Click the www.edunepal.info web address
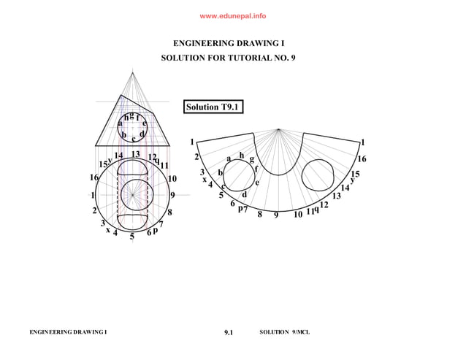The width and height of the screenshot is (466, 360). [232, 15]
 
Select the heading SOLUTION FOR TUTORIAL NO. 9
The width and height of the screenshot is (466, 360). [232, 57]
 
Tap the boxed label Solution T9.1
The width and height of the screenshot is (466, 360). [213, 107]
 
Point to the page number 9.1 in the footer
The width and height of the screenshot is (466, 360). [228, 333]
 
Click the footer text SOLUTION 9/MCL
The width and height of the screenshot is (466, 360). [285, 333]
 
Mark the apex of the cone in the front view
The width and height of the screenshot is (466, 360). [132, 72]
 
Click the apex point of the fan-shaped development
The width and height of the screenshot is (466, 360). [278, 130]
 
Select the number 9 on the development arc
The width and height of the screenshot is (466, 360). [276, 215]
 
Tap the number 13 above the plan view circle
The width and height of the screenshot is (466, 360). [135, 154]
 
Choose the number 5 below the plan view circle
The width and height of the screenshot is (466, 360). [132, 237]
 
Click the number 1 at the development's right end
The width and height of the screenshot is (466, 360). [363, 142]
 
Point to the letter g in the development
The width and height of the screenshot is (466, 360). [252, 159]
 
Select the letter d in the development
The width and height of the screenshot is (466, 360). [244, 194]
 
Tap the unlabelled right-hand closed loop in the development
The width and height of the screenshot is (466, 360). [322, 175]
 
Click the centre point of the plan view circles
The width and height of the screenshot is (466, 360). [132, 195]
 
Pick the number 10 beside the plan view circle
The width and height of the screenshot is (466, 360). [172, 178]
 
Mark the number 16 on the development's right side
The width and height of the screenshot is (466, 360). [361, 158]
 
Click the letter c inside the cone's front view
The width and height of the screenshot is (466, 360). [133, 139]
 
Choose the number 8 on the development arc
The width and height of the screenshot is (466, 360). [259, 215]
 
